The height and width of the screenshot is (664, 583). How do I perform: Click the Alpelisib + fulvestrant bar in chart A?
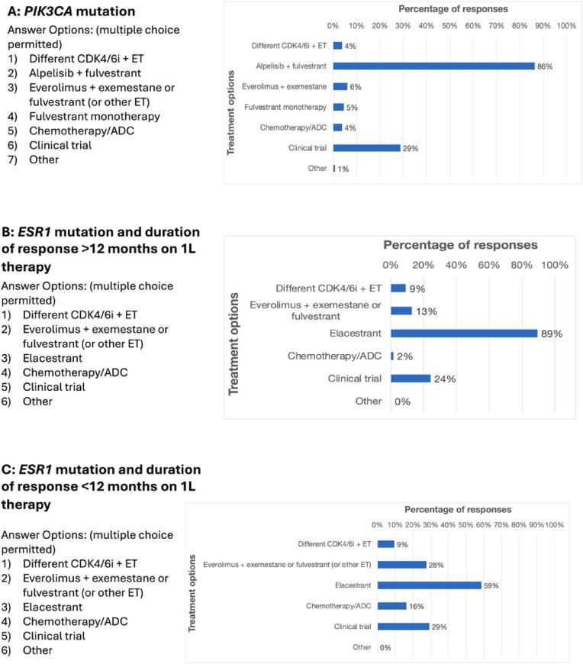pyautogui.click(x=433, y=66)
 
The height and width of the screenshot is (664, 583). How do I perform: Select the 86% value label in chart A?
pyautogui.click(x=544, y=66)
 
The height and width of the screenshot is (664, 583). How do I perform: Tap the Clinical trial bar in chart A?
pyautogui.click(x=366, y=147)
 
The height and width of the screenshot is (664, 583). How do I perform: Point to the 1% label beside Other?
pyautogui.click(x=343, y=168)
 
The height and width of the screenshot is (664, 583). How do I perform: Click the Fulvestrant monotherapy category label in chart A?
pyautogui.click(x=294, y=107)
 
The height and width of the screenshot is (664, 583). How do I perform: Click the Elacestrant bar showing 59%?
pyautogui.click(x=429, y=585)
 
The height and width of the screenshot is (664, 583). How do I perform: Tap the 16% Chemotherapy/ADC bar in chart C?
pyautogui.click(x=391, y=606)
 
